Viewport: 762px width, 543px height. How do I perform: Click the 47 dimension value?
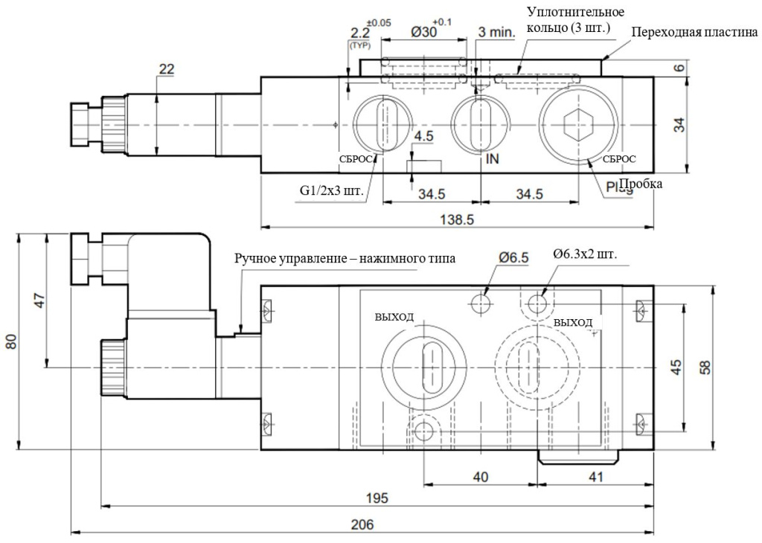click(39, 301)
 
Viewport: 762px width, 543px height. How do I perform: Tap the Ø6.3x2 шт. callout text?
click(585, 256)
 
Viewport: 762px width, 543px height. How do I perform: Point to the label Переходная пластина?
click(694, 33)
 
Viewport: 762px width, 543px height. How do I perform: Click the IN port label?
click(492, 159)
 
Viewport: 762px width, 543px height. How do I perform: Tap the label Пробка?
click(641, 184)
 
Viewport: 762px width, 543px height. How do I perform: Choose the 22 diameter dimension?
click(166, 68)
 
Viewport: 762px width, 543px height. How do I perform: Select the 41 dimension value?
click(595, 477)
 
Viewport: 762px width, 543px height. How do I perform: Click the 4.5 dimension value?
click(424, 137)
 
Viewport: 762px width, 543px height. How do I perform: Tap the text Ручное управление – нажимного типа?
click(345, 258)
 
